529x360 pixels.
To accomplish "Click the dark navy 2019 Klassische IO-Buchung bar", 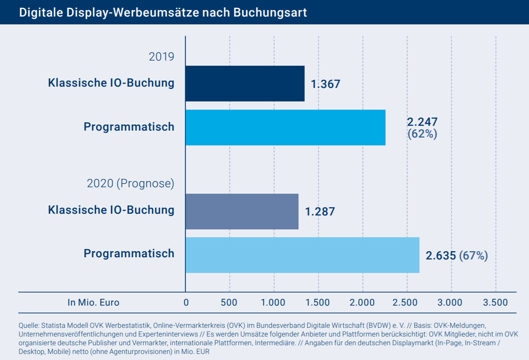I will click(x=244, y=84).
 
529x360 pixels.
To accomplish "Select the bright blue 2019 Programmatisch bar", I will click(x=285, y=127).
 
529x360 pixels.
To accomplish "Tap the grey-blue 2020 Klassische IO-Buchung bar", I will click(x=241, y=211).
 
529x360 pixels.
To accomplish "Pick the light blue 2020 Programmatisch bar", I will click(x=302, y=255).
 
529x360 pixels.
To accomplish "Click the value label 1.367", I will click(x=325, y=84).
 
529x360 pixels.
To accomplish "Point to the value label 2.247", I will click(x=422, y=122).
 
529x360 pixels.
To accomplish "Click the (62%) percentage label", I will click(x=422, y=134).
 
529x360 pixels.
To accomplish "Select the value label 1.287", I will click(x=320, y=212).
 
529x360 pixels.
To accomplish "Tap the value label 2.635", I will click(x=441, y=256).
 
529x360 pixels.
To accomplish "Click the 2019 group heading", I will click(x=161, y=57).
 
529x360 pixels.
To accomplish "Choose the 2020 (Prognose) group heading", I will click(x=131, y=184).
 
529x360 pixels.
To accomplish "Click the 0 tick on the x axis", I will click(x=186, y=303).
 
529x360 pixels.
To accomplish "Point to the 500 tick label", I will click(x=229, y=303).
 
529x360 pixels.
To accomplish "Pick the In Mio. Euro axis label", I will click(x=93, y=303).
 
